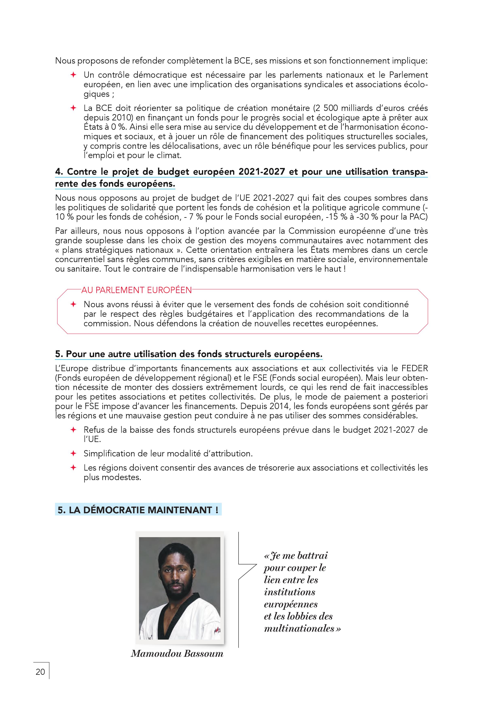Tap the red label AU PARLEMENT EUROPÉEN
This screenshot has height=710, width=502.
136,290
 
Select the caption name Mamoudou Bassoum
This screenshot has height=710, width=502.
177,653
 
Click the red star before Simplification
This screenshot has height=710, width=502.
73,453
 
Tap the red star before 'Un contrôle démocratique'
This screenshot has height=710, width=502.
73,75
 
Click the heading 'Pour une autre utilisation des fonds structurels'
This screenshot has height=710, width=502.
189,354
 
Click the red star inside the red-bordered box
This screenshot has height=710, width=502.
73,304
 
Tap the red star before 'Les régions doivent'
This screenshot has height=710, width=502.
73,468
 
